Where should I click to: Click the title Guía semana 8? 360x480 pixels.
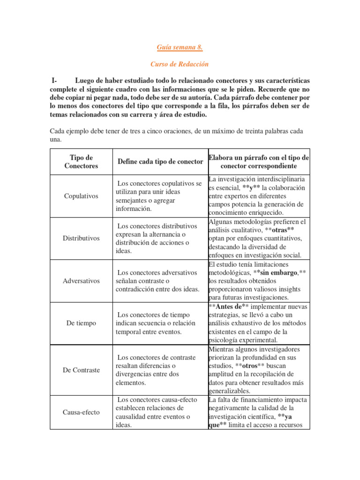[x=180, y=47]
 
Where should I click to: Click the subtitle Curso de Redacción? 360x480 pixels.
[x=180, y=64]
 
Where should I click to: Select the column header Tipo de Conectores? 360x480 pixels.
[x=81, y=162]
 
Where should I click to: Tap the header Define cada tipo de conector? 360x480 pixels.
[x=160, y=162]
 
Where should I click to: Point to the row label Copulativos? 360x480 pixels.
[x=81, y=196]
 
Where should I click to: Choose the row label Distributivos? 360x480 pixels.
[x=81, y=238]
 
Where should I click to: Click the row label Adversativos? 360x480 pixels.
[x=81, y=281]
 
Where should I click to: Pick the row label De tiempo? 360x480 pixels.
[x=81, y=323]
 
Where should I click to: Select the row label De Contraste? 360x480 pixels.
[x=81, y=370]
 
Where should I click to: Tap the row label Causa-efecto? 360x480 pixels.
[x=81, y=412]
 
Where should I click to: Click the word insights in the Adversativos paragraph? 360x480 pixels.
[x=291, y=289]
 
